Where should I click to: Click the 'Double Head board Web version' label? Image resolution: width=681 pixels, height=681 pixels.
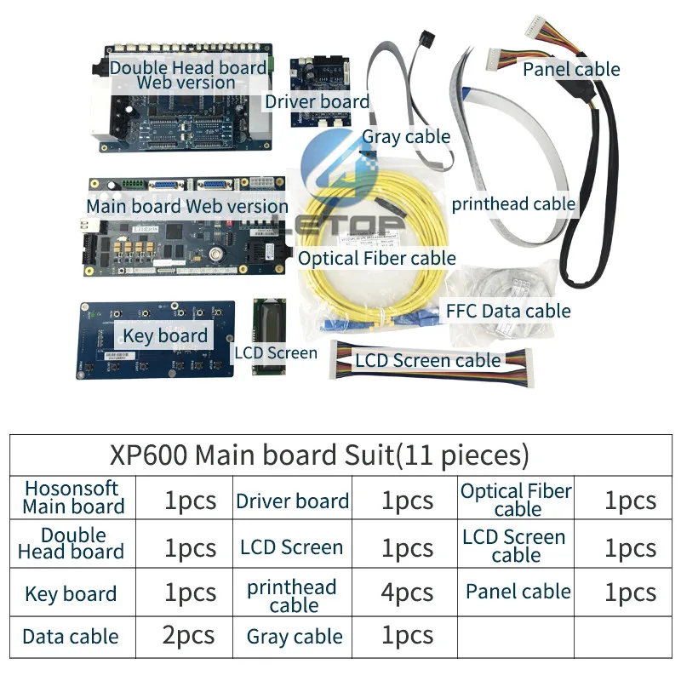(187, 74)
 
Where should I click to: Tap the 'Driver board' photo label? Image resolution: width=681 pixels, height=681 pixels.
(317, 102)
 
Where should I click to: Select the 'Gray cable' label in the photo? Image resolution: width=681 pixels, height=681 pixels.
(406, 136)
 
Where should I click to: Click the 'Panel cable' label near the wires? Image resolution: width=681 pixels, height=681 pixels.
(571, 69)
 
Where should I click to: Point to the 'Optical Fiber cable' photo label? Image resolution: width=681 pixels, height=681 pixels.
(377, 258)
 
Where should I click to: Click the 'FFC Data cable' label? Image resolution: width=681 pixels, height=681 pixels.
(508, 311)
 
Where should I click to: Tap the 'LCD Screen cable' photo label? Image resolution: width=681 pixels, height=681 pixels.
(427, 360)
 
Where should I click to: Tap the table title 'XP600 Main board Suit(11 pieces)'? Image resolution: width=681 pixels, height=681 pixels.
(319, 455)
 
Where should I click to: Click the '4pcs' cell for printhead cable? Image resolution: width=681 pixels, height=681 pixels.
(407, 593)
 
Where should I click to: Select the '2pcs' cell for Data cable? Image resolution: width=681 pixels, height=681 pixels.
(189, 636)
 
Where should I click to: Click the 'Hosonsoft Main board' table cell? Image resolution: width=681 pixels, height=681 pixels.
(73, 498)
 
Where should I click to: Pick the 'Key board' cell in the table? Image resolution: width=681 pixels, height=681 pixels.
(71, 593)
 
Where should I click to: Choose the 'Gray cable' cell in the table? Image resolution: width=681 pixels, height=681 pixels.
(295, 636)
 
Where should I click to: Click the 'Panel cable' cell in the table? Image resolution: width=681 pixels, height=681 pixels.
(518, 592)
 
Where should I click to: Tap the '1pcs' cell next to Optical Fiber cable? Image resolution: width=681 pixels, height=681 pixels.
(630, 501)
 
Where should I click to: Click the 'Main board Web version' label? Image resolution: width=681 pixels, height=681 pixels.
(187, 206)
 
